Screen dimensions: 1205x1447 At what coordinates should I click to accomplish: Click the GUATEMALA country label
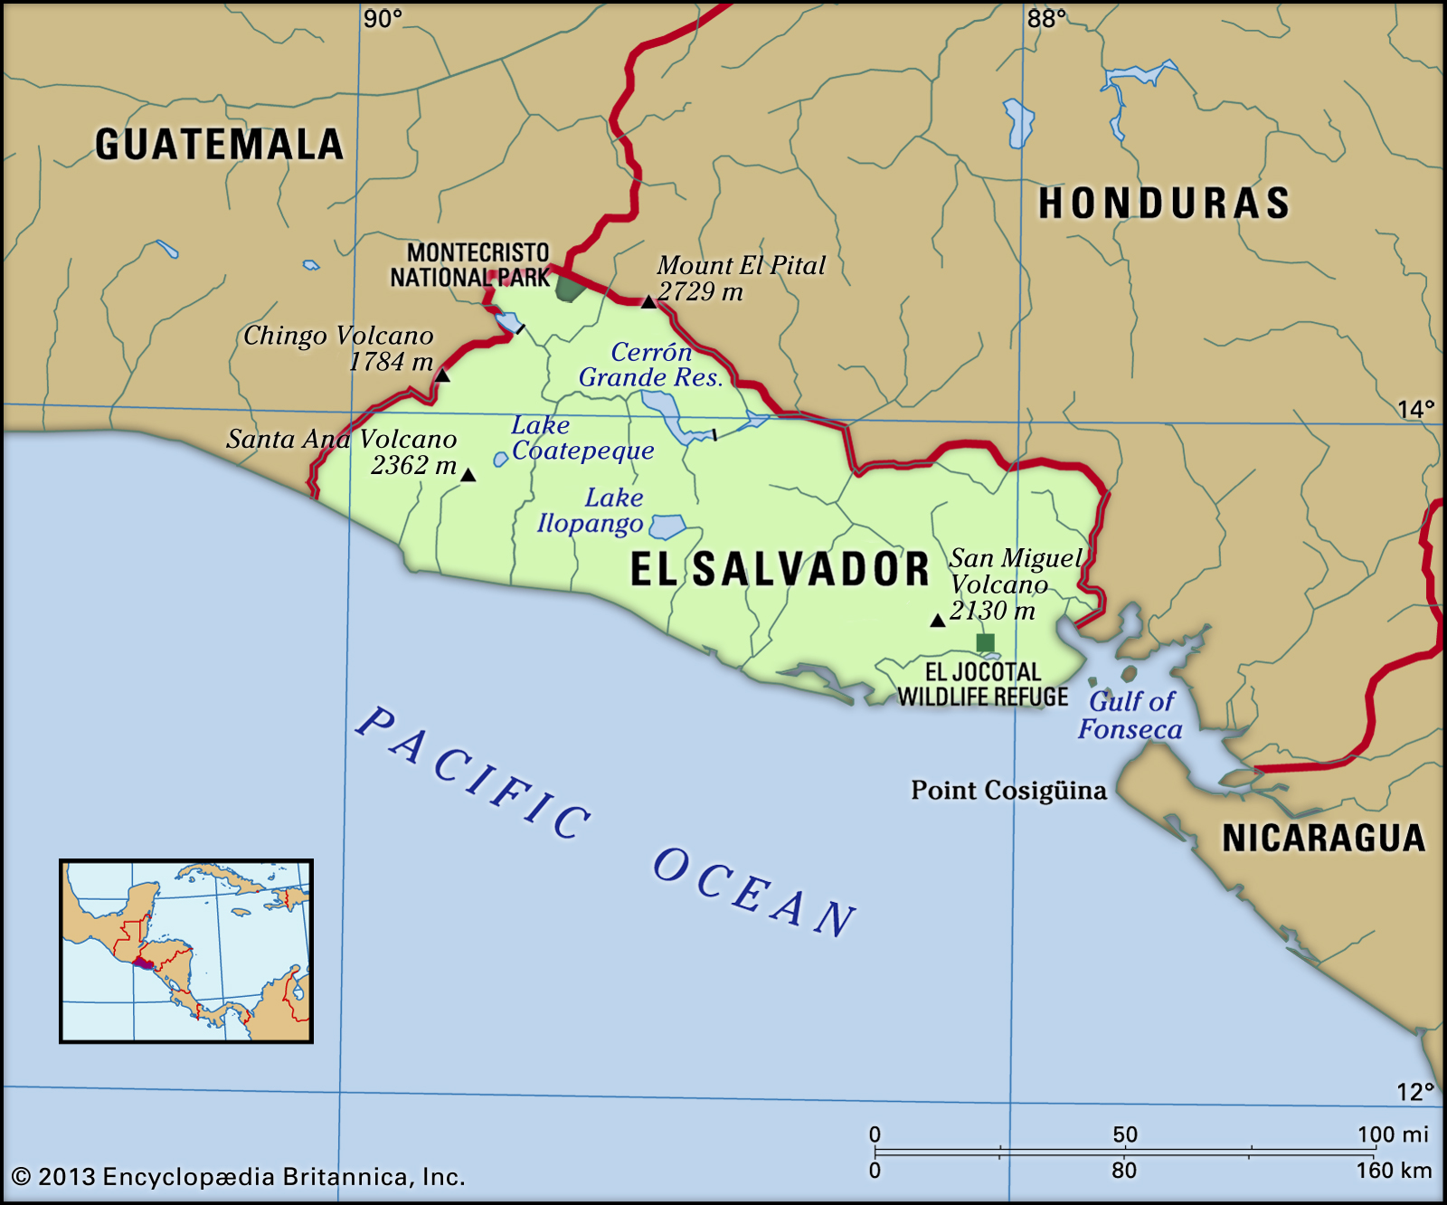click(219, 145)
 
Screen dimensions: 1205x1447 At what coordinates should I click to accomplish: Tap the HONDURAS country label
click(1163, 204)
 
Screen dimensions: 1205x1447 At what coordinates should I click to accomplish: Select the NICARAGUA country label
click(1323, 839)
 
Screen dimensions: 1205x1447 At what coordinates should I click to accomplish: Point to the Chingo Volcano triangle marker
click(442, 375)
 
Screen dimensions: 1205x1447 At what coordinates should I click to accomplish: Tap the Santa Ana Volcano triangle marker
click(468, 475)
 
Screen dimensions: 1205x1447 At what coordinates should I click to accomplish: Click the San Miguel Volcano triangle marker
click(938, 621)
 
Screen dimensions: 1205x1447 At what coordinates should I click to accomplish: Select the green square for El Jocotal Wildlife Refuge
click(986, 643)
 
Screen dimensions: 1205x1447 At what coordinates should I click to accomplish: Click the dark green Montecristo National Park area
click(569, 289)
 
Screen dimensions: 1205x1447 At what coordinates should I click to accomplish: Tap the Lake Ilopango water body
click(668, 527)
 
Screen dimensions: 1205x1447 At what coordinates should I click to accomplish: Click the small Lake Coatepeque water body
click(500, 460)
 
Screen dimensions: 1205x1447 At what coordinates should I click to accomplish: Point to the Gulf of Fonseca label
click(1130, 715)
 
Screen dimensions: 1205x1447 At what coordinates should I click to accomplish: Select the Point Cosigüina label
click(1008, 791)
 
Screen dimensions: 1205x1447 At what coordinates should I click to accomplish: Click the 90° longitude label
click(383, 19)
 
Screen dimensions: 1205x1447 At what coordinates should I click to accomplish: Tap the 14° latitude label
click(1414, 410)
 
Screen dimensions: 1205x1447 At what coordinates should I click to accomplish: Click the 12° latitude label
click(1414, 1092)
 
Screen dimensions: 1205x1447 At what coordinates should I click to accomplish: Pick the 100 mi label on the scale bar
click(1392, 1134)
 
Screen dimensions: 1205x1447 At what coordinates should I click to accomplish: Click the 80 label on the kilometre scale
click(1123, 1171)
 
